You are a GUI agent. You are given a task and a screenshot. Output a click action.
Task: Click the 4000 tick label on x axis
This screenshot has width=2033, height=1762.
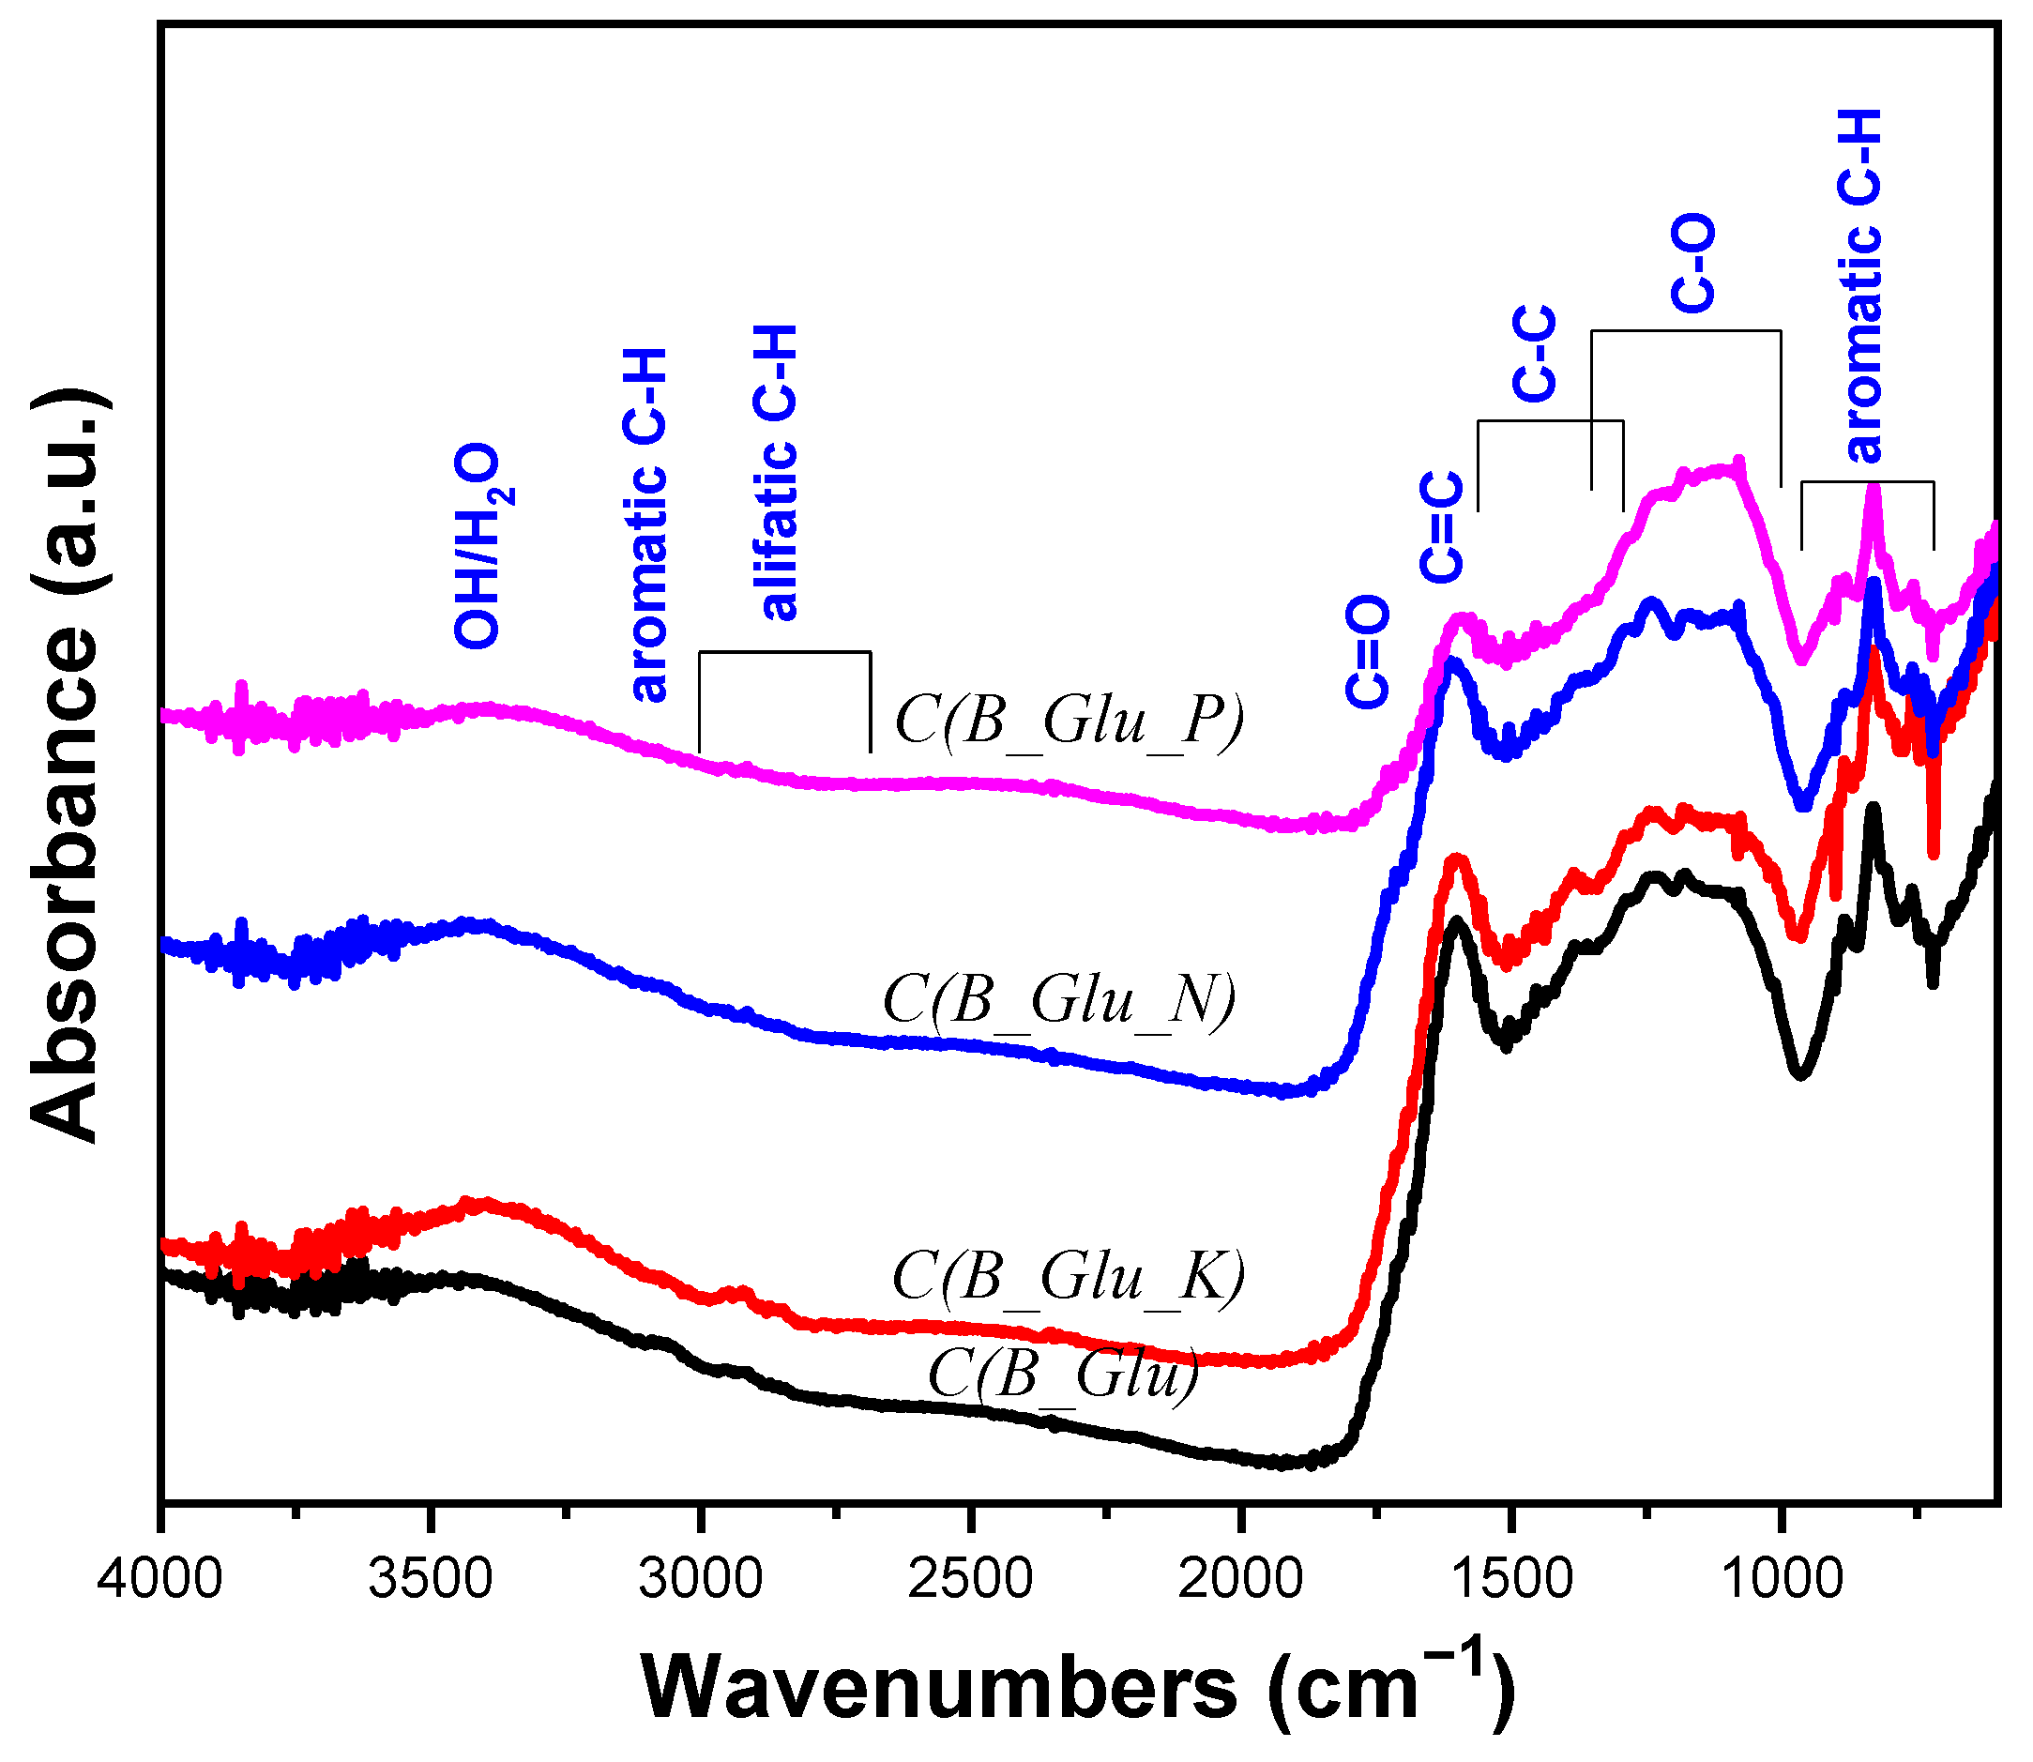pyautogui.click(x=160, y=1580)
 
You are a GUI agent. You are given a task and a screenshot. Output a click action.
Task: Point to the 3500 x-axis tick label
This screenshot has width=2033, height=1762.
pyautogui.click(x=431, y=1580)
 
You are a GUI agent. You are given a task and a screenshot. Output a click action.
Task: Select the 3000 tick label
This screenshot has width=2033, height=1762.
pyautogui.click(x=700, y=1580)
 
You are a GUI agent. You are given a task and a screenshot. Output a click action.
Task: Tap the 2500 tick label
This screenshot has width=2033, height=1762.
pyautogui.click(x=970, y=1580)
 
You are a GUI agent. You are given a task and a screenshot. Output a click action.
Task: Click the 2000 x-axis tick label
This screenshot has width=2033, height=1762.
pyautogui.click(x=1240, y=1580)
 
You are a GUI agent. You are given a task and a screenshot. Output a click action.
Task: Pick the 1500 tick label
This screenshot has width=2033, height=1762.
pyautogui.click(x=1511, y=1580)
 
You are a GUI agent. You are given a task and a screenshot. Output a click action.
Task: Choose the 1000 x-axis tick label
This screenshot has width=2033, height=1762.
pyautogui.click(x=1782, y=1580)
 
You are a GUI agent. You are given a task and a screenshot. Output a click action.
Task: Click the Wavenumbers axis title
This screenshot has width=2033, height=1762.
pyautogui.click(x=1079, y=1687)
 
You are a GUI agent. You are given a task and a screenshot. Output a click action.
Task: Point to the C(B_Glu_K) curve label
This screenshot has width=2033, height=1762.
pyautogui.click(x=1069, y=1277)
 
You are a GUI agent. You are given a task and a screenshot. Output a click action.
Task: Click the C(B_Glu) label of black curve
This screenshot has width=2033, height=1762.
pyautogui.click(x=1064, y=1373)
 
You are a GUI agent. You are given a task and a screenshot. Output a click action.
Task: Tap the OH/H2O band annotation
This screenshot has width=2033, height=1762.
pyautogui.click(x=481, y=546)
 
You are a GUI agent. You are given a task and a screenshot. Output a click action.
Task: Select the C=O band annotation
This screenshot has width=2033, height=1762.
pyautogui.click(x=1368, y=651)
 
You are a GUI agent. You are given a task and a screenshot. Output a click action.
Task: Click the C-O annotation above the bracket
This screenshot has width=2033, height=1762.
pyautogui.click(x=1692, y=264)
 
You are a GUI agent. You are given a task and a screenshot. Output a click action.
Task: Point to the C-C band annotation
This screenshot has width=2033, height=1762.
pyautogui.click(x=1534, y=354)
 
